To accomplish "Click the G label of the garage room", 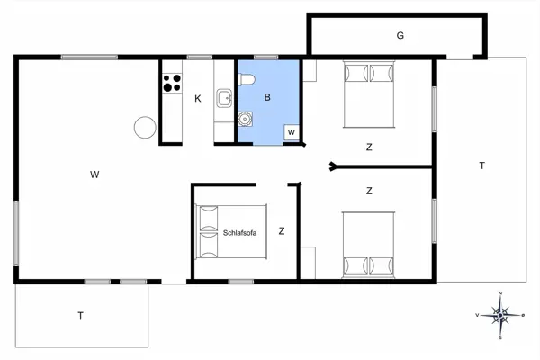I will click(399, 36).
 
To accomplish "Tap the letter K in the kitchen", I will click(198, 98).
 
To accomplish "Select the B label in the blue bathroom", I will click(267, 96).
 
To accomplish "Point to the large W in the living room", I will click(94, 175).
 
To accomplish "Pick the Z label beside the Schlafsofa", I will click(282, 231).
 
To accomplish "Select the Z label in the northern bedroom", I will click(369, 147).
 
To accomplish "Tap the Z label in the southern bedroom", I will click(369, 191).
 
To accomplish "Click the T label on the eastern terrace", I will click(482, 166).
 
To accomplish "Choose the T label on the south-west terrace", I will click(80, 315).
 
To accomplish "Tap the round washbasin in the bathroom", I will click(244, 118).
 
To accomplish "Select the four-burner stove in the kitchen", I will click(170, 84).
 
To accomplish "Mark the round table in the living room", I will click(144, 128).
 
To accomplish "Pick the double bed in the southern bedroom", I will click(368, 244).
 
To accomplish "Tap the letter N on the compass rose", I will click(499, 294).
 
